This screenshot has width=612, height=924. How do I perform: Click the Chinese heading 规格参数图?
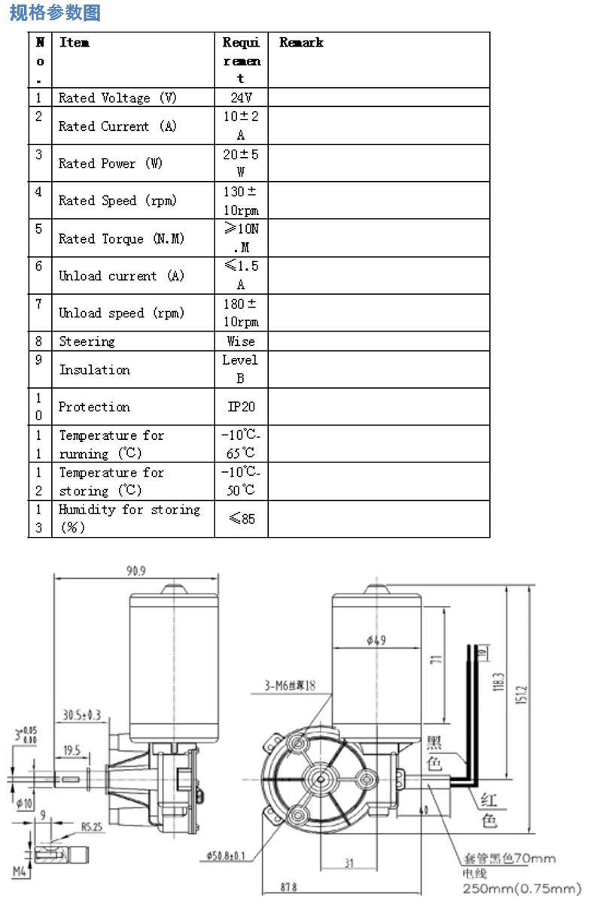coord(55,13)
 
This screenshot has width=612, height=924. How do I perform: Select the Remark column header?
coord(301,43)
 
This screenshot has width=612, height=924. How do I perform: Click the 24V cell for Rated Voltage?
coord(241,98)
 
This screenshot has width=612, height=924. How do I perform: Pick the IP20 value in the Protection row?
coord(241,407)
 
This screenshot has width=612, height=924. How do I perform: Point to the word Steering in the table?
coord(87,341)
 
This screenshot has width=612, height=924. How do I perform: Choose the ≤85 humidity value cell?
coord(241,519)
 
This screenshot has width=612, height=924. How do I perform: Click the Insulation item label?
coord(95,370)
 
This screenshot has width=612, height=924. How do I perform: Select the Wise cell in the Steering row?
coord(241,341)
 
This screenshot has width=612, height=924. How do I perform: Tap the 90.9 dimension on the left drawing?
coord(135,571)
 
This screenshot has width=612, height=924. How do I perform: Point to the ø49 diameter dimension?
coord(376,640)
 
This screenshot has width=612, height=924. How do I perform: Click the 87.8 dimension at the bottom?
coord(288,887)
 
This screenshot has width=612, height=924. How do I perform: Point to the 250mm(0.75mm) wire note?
coord(522,889)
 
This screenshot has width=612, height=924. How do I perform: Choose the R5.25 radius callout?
coord(92,827)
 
